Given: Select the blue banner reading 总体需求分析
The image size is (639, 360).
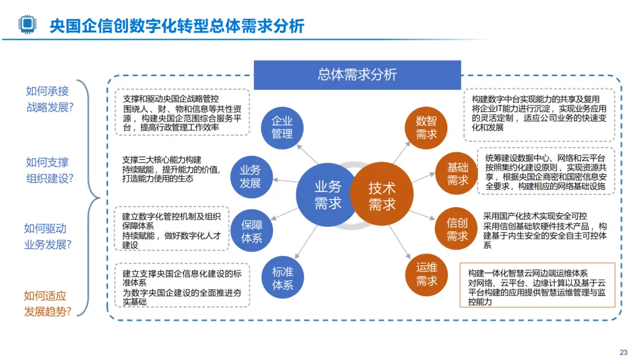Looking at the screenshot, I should click(x=357, y=75).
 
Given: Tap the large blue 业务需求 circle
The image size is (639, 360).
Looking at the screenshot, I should click(x=327, y=195).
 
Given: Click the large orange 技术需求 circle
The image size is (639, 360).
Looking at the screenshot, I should click(x=382, y=195).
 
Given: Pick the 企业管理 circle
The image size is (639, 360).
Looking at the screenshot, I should click(x=282, y=127).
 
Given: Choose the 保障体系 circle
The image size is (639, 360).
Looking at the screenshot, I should click(x=251, y=231).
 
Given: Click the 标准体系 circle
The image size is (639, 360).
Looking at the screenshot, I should click(x=282, y=278).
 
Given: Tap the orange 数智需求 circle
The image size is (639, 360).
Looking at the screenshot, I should click(x=426, y=127).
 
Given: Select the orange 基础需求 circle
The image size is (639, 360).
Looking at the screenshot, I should click(x=457, y=173).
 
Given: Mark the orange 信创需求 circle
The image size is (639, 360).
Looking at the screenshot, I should click(x=457, y=229).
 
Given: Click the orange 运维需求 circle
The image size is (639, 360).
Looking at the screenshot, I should click(x=426, y=275).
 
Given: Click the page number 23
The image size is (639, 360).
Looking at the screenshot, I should click(x=623, y=352).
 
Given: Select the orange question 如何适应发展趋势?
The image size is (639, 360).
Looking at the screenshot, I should click(x=47, y=304).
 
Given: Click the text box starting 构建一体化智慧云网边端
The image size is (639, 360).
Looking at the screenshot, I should click(x=537, y=285).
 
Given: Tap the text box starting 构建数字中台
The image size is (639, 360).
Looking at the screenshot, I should click(x=538, y=114).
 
